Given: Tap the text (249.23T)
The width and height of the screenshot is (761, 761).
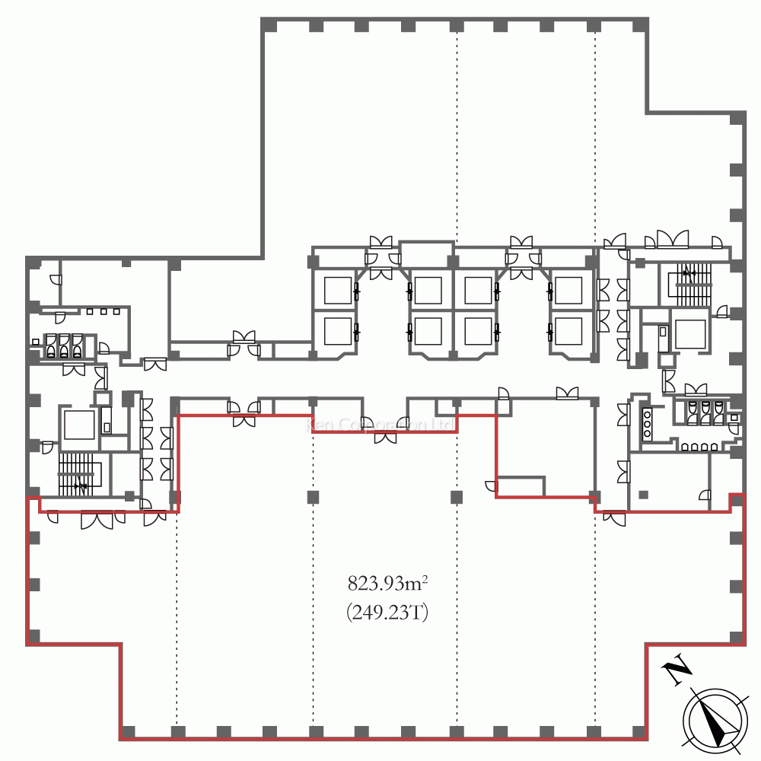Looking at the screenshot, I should click(387, 612).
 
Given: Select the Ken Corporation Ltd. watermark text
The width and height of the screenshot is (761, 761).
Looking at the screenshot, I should click(380, 425).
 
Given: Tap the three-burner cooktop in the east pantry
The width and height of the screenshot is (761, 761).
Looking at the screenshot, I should click(648, 423).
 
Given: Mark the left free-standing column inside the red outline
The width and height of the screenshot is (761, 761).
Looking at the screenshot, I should click(313, 498).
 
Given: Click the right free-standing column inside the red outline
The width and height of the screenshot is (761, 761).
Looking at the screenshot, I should click(456, 498).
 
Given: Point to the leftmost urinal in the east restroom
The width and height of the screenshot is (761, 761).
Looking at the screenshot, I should click(693, 411).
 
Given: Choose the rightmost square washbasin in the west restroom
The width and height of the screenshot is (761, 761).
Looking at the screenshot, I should click(116, 311).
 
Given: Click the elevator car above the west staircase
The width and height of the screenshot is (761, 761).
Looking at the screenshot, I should click(78, 424).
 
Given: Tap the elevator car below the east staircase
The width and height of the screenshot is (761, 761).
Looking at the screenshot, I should click(690, 333).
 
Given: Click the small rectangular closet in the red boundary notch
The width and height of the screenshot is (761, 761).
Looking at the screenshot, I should click(521, 486).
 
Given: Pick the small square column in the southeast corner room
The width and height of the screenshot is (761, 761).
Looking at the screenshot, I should click(644, 495).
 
